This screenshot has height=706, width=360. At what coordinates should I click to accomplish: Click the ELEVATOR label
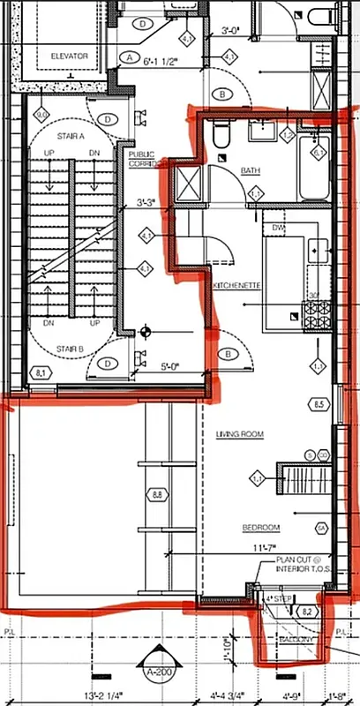[69, 56]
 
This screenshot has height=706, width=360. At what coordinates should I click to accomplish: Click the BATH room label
[251, 170]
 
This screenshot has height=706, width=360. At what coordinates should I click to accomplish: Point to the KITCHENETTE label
[236, 286]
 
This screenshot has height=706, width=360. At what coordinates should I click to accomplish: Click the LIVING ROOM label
[240, 434]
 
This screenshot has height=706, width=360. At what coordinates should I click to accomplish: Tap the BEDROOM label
[261, 528]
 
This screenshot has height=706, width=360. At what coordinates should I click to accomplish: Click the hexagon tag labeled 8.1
[41, 373]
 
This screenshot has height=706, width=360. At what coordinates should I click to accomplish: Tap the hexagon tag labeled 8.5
[319, 404]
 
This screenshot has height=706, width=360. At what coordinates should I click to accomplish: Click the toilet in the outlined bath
[221, 134]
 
